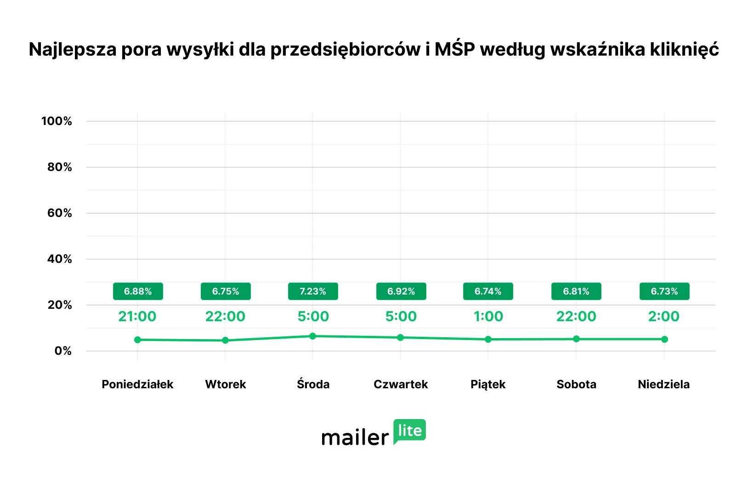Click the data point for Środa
(x=313, y=336)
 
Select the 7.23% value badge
(x=313, y=291)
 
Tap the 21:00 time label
(x=137, y=316)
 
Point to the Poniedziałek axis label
(x=137, y=384)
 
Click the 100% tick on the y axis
(x=57, y=121)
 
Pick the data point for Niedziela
(x=664, y=339)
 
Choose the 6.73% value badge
(x=664, y=291)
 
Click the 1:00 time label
(x=488, y=316)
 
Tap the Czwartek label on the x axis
(x=401, y=384)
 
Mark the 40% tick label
(x=60, y=259)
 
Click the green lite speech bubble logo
(x=409, y=431)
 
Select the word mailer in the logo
(x=355, y=437)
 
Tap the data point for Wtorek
(x=225, y=340)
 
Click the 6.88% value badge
(x=138, y=291)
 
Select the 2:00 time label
(x=664, y=316)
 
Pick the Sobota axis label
(x=576, y=384)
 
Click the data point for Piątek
(x=488, y=340)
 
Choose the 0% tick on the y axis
(x=63, y=351)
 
